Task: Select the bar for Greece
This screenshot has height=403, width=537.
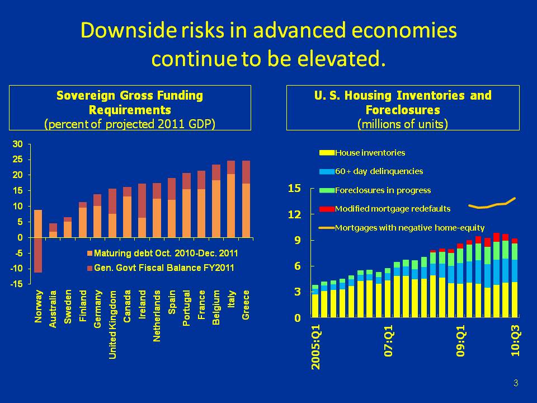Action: [x=246, y=201]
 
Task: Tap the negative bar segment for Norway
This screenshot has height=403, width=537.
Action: [x=38, y=255]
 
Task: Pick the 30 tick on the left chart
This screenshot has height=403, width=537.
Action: [x=18, y=144]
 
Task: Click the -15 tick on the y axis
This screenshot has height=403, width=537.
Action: [x=17, y=284]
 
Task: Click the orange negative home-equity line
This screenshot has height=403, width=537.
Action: [x=492, y=205]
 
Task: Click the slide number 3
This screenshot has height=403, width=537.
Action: [x=515, y=383]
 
